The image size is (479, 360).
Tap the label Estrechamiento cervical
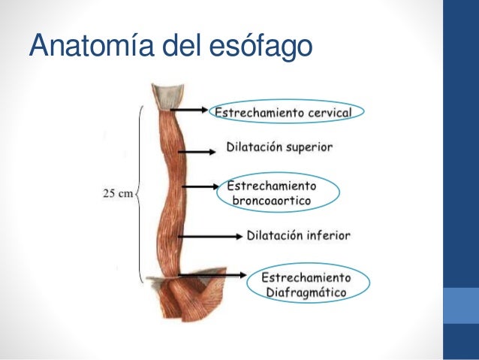289,112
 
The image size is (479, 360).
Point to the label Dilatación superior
279,147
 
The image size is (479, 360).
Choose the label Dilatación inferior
298,235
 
